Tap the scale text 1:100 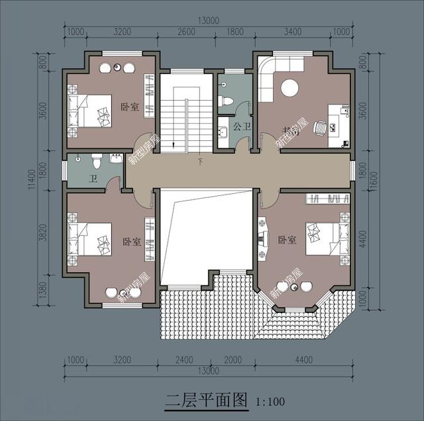tap(269, 401)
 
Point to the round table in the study tap(291, 88)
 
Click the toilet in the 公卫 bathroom tap(226, 100)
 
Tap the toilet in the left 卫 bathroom tap(97, 160)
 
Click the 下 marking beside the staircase tap(200, 161)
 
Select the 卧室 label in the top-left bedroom tap(130, 106)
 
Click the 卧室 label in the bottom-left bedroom tap(131, 242)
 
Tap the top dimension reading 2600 tap(187, 31)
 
